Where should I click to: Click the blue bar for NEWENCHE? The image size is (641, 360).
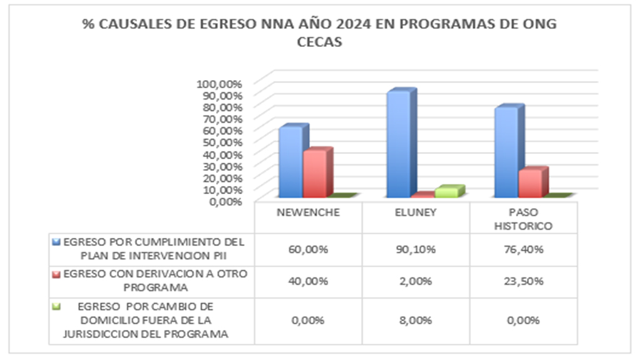pos(289,162)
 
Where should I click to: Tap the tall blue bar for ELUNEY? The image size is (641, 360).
pos(398,144)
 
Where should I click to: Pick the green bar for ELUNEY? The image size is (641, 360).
pos(447,192)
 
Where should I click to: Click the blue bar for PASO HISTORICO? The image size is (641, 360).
pos(506,152)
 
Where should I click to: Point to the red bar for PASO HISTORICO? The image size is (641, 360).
pos(531,183)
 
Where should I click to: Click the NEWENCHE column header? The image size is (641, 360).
pos(309,212)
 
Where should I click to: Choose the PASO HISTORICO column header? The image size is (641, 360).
pos(523,219)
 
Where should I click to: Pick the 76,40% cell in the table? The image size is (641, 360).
pos(523,249)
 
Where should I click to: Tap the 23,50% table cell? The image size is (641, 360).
pos(523,281)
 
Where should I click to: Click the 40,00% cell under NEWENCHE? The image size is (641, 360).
pos(309,281)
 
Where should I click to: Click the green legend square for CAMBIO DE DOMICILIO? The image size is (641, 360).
pos(58,307)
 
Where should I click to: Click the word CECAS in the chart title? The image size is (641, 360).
pos(319,43)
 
